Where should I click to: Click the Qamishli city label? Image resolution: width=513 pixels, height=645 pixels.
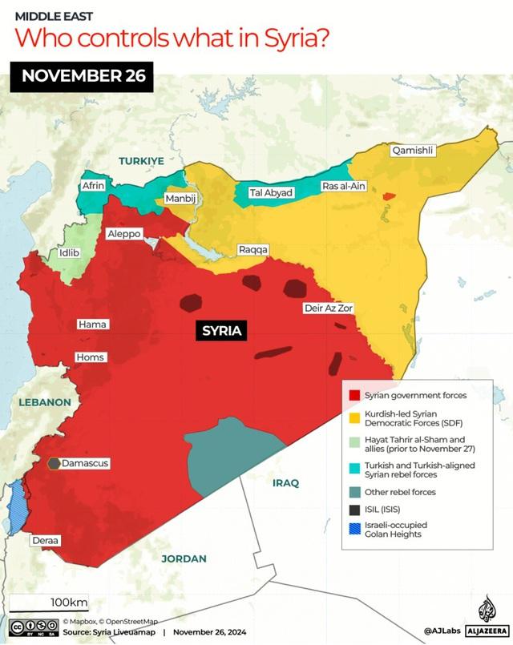click(412, 151)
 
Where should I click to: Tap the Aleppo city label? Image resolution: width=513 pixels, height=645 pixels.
click(124, 234)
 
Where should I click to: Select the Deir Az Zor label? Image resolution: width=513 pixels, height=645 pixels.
click(329, 308)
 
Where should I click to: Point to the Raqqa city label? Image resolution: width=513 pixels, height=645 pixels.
click(253, 250)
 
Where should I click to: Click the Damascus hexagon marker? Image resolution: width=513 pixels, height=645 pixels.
click(53, 463)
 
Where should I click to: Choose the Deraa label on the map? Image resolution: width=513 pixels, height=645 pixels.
click(45, 541)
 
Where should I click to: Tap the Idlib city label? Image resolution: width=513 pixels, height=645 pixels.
click(70, 253)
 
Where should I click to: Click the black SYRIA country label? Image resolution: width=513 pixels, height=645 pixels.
click(222, 330)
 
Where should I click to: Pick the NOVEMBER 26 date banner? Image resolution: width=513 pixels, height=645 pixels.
click(83, 77)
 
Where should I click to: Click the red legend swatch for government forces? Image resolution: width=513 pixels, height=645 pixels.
click(353, 395)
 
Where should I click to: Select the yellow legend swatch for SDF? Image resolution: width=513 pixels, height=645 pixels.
click(353, 417)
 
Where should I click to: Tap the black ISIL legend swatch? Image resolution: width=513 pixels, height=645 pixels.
click(353, 509)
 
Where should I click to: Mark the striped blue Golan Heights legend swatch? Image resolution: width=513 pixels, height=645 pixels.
click(353, 530)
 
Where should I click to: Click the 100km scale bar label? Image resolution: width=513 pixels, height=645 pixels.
click(69, 602)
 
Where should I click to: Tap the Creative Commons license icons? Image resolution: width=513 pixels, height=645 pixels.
click(32, 627)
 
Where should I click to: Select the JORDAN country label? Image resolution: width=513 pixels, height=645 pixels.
click(184, 558)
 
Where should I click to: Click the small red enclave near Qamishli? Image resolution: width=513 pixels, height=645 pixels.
click(389, 196)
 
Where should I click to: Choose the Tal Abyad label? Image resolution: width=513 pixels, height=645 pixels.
click(271, 193)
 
